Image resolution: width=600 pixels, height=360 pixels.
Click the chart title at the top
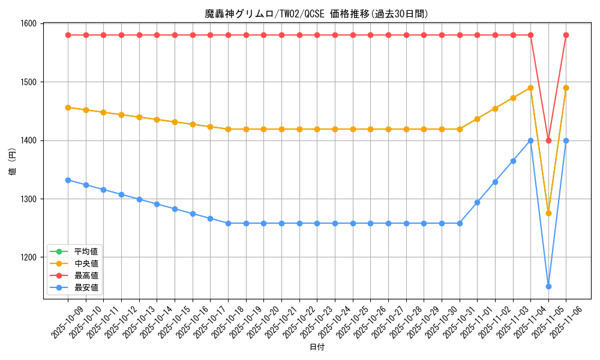(x=316, y=14)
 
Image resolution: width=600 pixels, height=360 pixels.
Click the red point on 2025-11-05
(x=548, y=140)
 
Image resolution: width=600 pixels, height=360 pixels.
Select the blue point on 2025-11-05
(x=548, y=286)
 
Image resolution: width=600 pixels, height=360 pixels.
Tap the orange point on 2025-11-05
(x=548, y=213)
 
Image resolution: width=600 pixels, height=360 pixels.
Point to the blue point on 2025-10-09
(x=68, y=180)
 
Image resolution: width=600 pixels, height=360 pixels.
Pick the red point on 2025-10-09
(x=68, y=35)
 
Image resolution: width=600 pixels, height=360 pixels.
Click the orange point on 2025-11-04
(x=530, y=88)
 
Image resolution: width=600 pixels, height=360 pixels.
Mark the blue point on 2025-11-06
(x=566, y=140)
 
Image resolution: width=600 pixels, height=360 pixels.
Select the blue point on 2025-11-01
(x=477, y=202)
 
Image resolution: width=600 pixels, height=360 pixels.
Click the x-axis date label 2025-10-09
(x=59, y=324)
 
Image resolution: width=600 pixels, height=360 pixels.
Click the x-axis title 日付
(x=317, y=347)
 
